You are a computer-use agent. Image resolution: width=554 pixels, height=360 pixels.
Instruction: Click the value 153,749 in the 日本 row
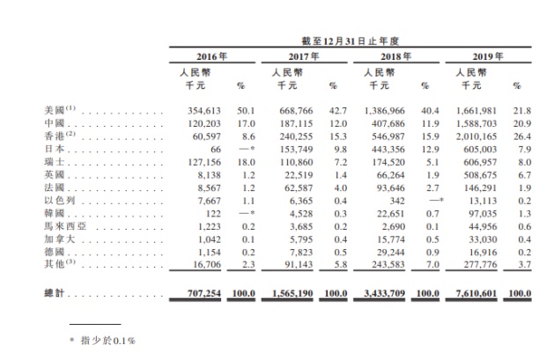click(x=294, y=150)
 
